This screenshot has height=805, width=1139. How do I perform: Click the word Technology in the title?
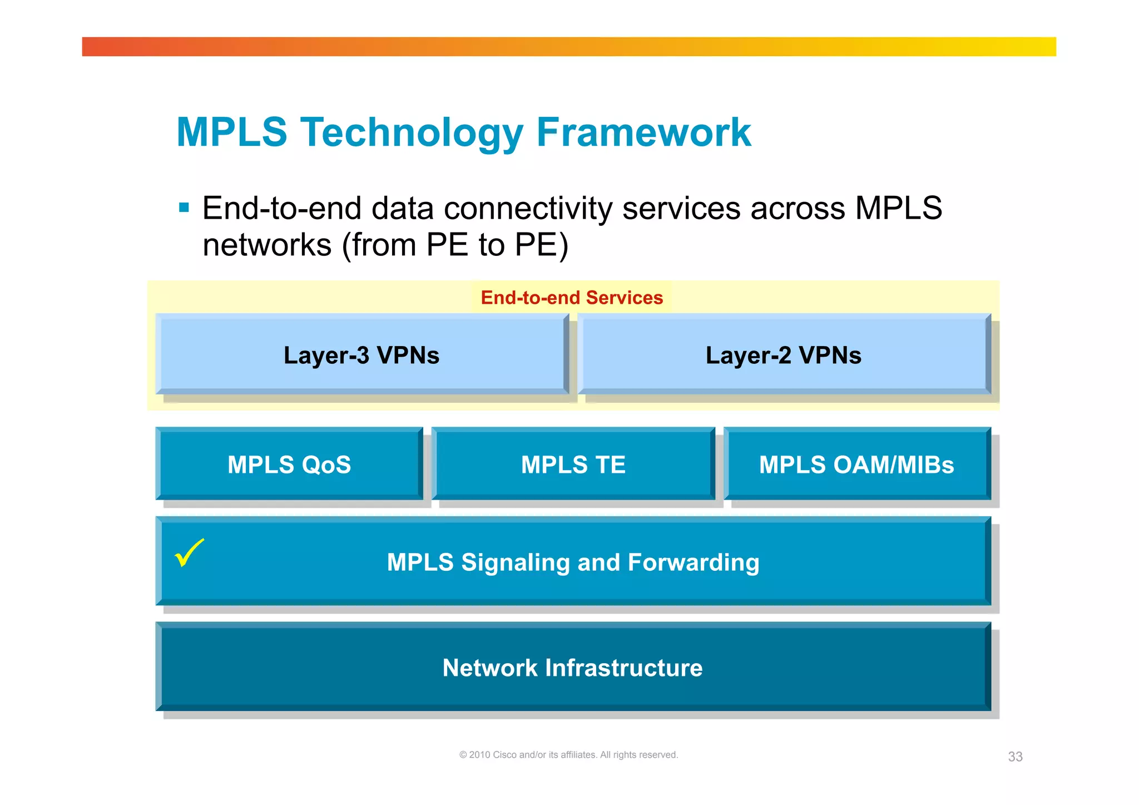412,134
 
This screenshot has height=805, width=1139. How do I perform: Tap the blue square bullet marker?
184,208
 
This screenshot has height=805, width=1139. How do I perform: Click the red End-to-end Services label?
572,298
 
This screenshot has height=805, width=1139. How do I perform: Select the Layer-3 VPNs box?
361,355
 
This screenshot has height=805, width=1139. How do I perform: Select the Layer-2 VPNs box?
783,355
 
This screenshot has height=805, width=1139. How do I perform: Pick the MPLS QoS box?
289,465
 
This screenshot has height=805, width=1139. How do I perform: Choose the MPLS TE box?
573,465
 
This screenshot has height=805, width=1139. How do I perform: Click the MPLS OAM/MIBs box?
856,465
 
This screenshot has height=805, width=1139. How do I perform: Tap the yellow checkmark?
189,552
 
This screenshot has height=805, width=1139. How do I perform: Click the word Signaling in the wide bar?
516,562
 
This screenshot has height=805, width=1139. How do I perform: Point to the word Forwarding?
693,562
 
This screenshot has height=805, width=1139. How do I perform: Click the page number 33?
1015,757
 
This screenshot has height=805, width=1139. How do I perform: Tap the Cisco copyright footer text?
568,755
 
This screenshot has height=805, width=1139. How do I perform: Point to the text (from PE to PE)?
455,245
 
